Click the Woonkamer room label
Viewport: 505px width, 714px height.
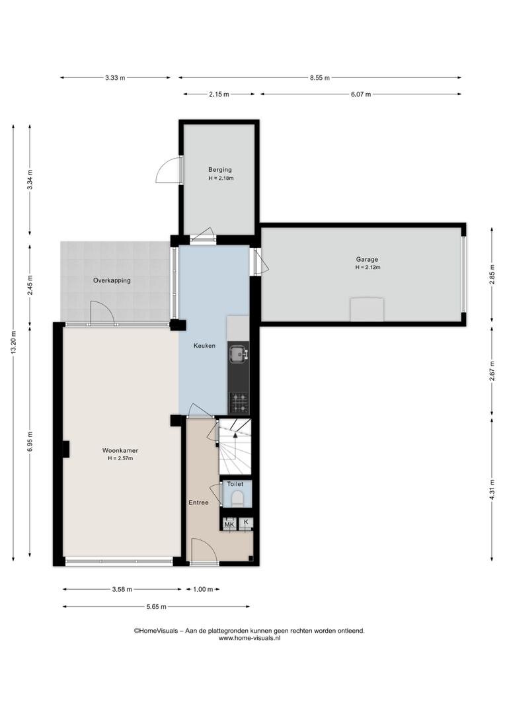coord(120,450)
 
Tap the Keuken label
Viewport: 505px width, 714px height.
coord(204,346)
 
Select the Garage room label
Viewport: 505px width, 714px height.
coord(367,260)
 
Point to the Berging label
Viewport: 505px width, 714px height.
coord(220,170)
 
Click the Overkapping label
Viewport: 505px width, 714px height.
coord(112,280)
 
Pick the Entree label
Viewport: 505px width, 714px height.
coord(198,502)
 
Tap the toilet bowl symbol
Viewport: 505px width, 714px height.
coord(237,498)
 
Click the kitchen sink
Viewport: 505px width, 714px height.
coord(238,353)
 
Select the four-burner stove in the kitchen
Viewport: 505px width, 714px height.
coord(238,403)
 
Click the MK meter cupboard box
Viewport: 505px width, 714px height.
coord(229,524)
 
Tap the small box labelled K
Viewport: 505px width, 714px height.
coord(246,523)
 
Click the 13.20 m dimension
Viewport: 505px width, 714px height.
coord(14,342)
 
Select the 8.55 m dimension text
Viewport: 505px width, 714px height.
coord(320,78)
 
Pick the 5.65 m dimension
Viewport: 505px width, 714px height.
coord(156,606)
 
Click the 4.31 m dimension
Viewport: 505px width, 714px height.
coord(492,489)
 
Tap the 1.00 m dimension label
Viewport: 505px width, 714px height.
coord(203,589)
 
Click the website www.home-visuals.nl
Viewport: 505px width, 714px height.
coord(250,639)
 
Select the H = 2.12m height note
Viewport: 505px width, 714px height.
coord(368,267)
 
